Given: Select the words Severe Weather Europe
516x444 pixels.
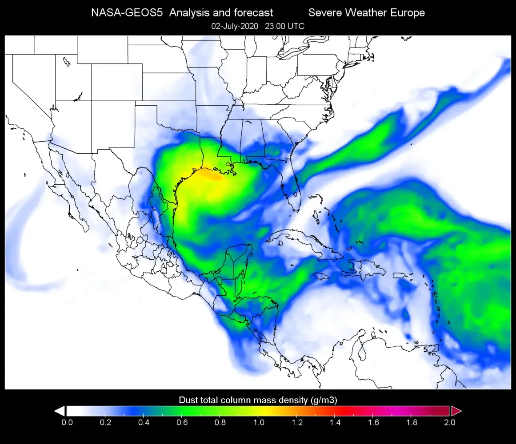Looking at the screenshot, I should click(366, 13).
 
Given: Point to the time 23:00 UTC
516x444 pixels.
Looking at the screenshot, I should click(285, 26).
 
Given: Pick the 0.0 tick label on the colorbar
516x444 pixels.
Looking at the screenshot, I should click(67, 422).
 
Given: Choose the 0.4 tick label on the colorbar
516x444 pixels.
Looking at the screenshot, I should click(144, 422).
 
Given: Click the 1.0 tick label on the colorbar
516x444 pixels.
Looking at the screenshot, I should click(259, 422).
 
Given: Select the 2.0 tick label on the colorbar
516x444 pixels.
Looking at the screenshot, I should click(449, 422).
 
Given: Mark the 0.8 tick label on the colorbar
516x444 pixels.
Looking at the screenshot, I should click(220, 422).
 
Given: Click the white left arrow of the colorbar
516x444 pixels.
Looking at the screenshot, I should click(60, 411).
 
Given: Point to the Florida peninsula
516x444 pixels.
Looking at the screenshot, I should click(292, 191).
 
